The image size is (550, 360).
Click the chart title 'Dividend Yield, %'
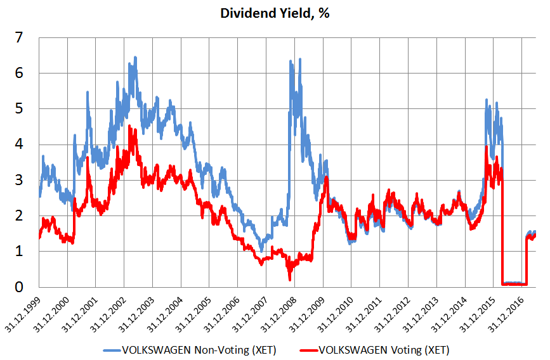pyautogui.click(x=275, y=13)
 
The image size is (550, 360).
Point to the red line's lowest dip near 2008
pyautogui.click(x=290, y=279)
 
